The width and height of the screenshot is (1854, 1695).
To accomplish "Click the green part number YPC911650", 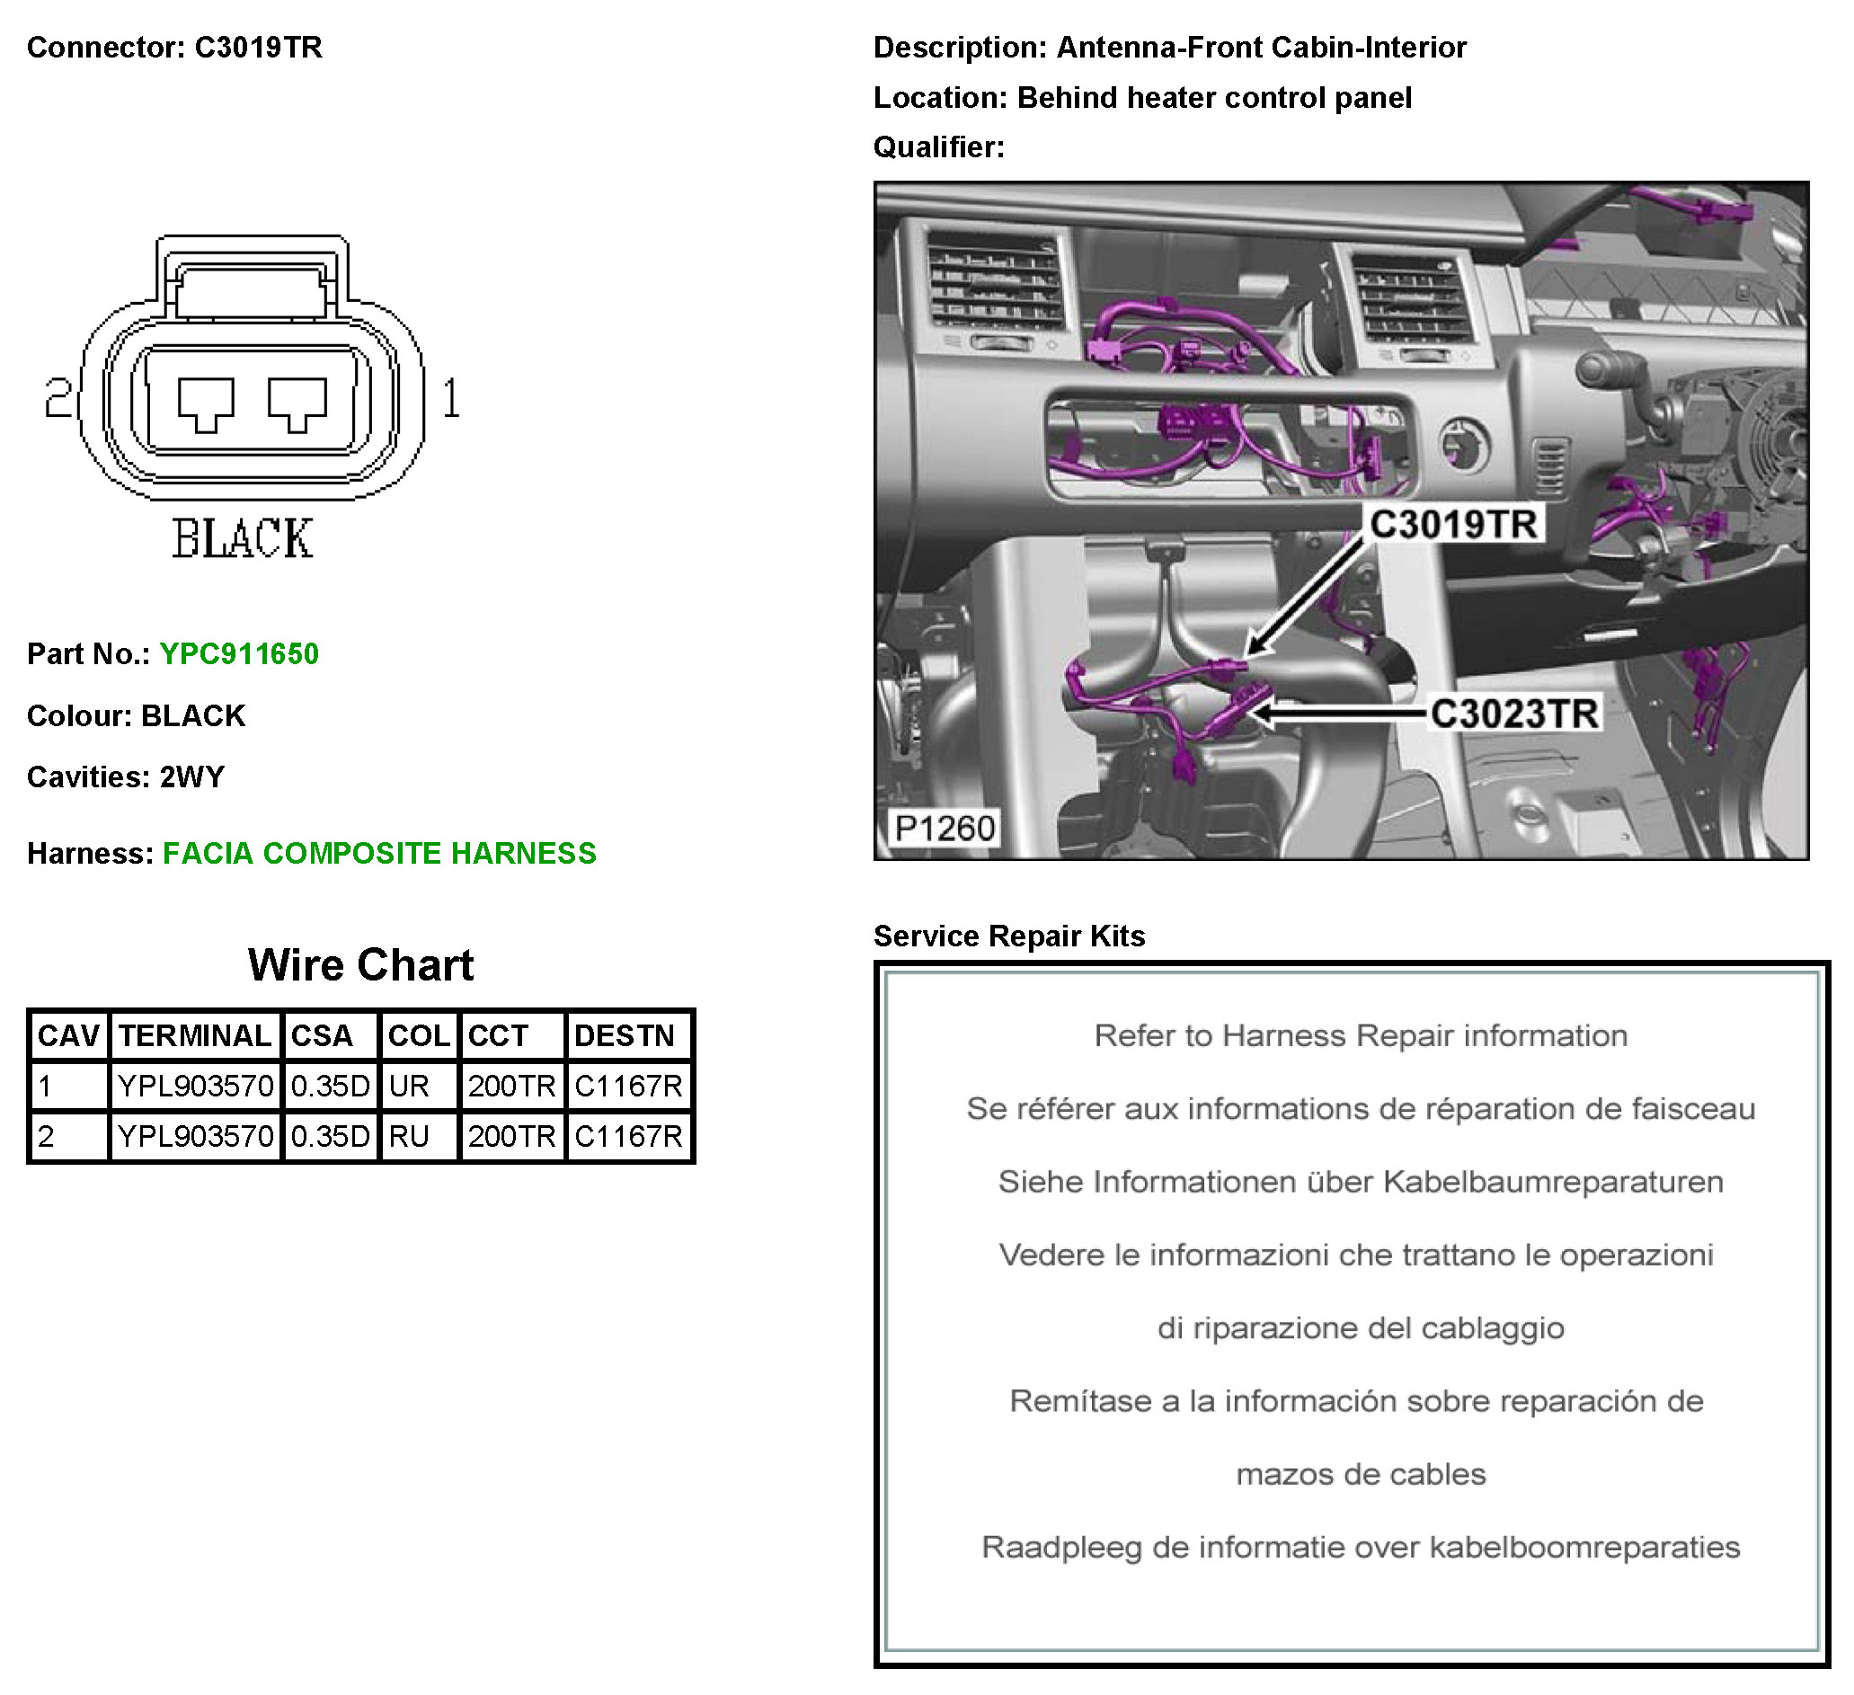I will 239,654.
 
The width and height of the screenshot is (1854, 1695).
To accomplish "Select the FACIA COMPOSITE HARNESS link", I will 379,854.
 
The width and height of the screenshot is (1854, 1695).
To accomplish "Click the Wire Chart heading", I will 360,964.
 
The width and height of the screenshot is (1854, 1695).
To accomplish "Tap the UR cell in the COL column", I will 409,1087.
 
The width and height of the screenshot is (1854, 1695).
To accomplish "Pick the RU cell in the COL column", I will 409,1137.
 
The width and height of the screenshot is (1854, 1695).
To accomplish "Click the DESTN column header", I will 625,1036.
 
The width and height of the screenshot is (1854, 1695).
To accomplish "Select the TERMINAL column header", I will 195,1036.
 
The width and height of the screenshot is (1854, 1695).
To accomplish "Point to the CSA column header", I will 322,1036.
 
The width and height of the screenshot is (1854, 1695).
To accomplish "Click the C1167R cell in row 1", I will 629,1087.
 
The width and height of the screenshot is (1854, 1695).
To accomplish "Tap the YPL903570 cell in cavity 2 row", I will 195,1137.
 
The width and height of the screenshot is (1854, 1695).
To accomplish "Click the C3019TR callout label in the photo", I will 1453,524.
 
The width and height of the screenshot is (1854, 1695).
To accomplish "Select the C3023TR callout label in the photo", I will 1513,714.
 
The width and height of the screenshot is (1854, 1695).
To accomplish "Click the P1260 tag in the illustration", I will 945,829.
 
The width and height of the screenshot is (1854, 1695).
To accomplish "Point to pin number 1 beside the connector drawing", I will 450,399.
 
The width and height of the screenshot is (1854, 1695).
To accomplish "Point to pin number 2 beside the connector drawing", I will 58,399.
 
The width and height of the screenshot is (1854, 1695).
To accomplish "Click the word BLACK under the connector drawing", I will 243,539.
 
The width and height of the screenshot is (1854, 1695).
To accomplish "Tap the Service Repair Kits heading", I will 1009,936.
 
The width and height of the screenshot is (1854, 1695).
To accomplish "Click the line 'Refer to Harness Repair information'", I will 1360,1036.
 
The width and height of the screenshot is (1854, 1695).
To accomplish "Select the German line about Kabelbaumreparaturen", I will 1360,1182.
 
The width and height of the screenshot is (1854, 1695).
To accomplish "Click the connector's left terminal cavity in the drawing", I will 206,403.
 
